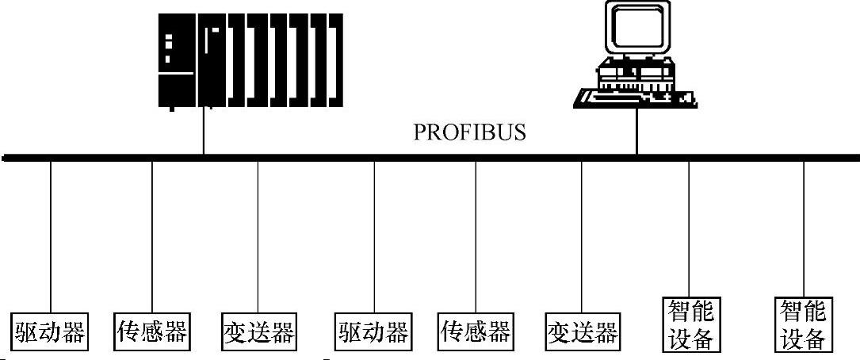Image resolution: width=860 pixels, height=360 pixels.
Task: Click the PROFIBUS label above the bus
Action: tap(469, 132)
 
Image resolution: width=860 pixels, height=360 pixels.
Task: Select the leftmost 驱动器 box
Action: tap(49, 331)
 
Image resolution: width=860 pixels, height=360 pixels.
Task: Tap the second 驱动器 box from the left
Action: tap(373, 331)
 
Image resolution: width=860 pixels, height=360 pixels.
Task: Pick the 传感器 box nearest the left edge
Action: tap(152, 331)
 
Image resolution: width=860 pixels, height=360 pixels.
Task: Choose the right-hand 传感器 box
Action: tap(476, 331)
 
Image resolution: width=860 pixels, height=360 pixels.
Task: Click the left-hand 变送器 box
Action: tap(258, 331)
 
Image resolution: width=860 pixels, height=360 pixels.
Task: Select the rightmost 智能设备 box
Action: tap(804, 324)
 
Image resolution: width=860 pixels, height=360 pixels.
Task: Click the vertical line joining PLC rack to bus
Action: tap(204, 131)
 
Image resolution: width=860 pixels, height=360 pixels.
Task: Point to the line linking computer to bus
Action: tap(636, 131)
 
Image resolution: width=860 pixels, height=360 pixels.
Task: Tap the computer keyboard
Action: tap(634, 98)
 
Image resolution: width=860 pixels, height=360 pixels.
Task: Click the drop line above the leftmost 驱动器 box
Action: tap(50, 238)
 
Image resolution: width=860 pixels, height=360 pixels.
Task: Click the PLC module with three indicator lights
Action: tap(176, 59)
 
